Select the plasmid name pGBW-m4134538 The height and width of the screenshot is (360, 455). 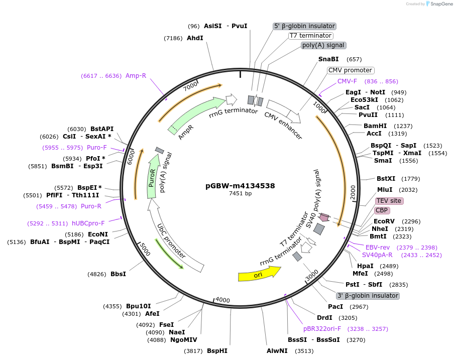coord(240,185)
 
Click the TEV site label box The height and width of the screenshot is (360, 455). coord(389,201)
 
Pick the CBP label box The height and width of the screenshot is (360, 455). coord(382,210)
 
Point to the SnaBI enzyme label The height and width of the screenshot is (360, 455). coord(328,59)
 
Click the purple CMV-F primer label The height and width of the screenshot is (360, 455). coord(347,81)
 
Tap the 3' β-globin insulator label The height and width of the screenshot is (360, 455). coord(368,296)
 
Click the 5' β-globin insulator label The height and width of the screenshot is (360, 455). coord(304,26)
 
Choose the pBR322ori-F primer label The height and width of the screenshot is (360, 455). coord(322,329)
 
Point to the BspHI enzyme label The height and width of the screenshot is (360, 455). coord(217,351)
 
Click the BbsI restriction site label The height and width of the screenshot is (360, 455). coord(118,274)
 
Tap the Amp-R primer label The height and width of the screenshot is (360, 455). coord(136,76)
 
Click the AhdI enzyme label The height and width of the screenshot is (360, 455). coord(195,38)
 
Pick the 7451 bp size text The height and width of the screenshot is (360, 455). coord(240,193)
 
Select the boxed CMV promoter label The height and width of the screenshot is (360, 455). coord(351,70)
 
